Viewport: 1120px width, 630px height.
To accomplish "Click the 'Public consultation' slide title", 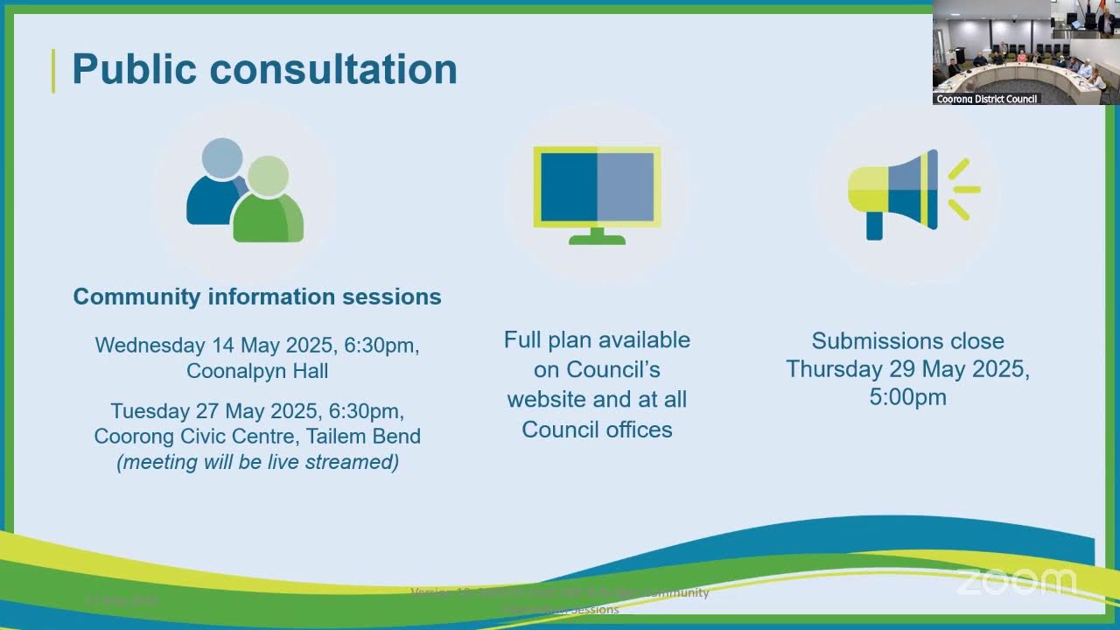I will pos(263,69).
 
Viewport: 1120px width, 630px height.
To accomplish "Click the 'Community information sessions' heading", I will pos(257,297).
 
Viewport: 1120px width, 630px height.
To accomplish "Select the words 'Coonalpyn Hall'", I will pos(257,371).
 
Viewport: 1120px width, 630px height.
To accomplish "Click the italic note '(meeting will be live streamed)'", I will pos(257,462).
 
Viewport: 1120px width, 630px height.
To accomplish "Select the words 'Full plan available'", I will pos(597,339).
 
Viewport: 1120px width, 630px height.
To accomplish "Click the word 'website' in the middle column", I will pos(547,399).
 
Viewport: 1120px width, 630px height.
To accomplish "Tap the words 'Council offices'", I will pos(597,430).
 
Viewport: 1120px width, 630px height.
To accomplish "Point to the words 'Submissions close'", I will pos(907,340).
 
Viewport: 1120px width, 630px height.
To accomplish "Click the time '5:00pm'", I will pos(907,397).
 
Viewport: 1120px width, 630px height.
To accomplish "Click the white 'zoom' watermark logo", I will pos(1015,581).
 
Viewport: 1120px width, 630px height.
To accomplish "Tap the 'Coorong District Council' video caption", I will pos(986,99).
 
